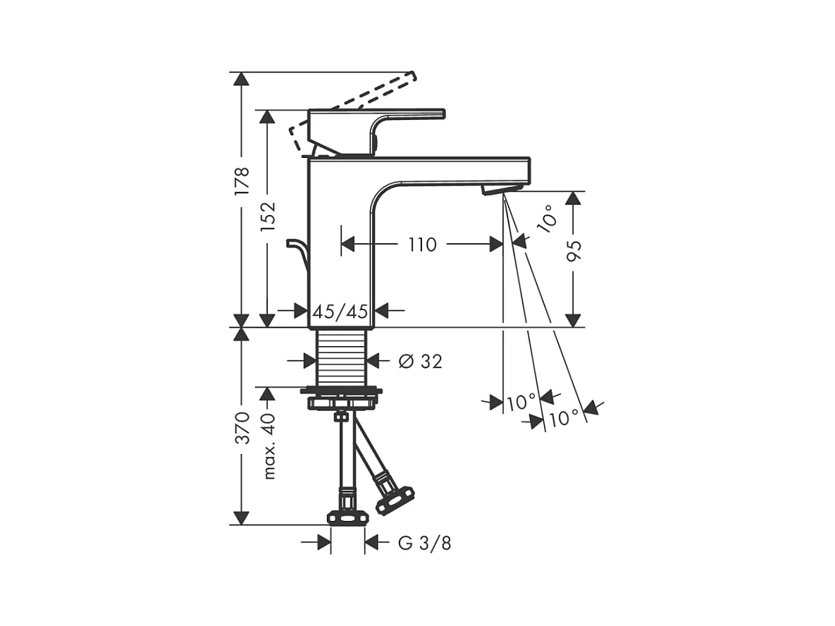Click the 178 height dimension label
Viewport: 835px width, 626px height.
pyautogui.click(x=242, y=180)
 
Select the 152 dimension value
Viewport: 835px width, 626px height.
pyautogui.click(x=267, y=216)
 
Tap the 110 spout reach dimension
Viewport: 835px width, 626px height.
pyautogui.click(x=422, y=245)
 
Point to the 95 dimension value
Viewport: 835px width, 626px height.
pyautogui.click(x=574, y=251)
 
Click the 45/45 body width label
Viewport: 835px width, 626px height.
pyautogui.click(x=340, y=311)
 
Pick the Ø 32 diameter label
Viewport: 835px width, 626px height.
pyautogui.click(x=420, y=361)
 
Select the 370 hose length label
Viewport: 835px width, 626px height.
pyautogui.click(x=242, y=428)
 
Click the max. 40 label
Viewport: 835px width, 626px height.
pyautogui.click(x=269, y=446)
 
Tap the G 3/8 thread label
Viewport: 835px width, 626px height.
pyautogui.click(x=424, y=543)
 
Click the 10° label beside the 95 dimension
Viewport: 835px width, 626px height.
pyautogui.click(x=548, y=219)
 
